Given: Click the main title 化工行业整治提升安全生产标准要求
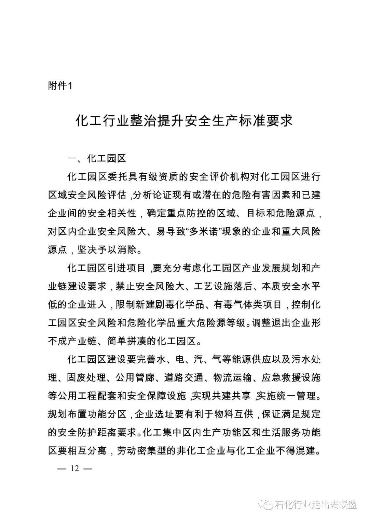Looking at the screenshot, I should coord(184,121).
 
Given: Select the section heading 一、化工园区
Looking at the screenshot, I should coord(97,159).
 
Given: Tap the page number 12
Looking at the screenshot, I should coord(75,468).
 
